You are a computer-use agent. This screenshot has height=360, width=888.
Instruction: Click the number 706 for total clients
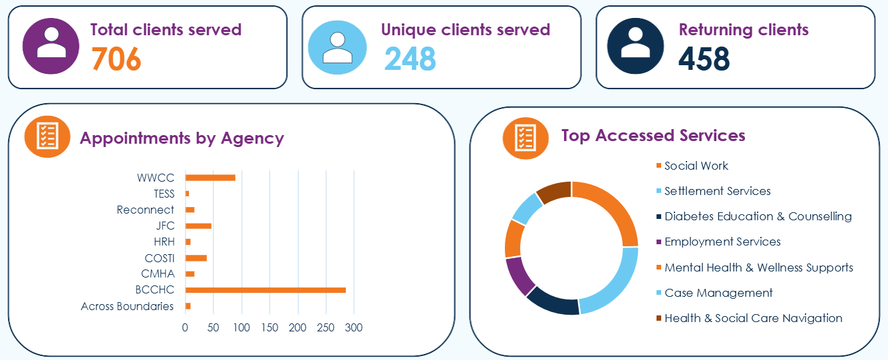(x=116, y=59)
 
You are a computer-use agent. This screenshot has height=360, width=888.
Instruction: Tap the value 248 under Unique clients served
(x=410, y=59)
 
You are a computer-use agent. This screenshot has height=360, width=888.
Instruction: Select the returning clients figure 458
(x=704, y=59)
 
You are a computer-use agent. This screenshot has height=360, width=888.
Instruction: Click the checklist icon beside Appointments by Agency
(x=47, y=136)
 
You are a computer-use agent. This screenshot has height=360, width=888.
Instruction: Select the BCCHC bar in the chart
(x=265, y=290)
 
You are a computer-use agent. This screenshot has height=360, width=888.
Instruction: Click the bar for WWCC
(x=210, y=178)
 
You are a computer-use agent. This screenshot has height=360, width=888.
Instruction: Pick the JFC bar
(x=198, y=226)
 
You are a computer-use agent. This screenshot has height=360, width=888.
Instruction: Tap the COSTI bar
(x=196, y=258)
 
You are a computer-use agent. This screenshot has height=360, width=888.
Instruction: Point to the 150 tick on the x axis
(x=269, y=328)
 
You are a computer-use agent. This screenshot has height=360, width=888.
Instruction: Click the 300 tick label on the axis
(x=353, y=328)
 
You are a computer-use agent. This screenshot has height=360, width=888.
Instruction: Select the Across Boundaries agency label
(x=127, y=306)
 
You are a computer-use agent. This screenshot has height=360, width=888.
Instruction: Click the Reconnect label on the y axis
(x=145, y=210)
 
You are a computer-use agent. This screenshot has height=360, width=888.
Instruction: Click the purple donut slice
(x=519, y=275)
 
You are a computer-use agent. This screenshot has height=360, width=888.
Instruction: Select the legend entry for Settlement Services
(x=717, y=191)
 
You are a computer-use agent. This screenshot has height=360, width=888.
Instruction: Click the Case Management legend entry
(x=718, y=293)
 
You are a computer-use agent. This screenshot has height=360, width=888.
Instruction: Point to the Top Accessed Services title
(x=653, y=136)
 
